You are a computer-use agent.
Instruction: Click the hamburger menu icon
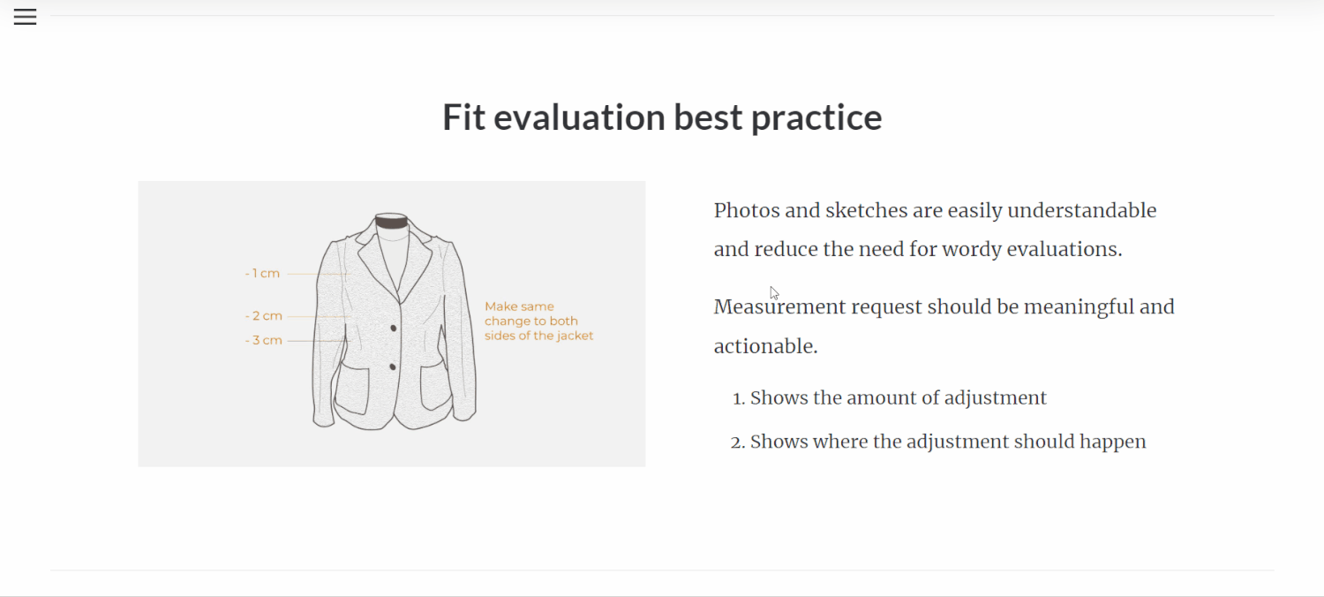tap(25, 17)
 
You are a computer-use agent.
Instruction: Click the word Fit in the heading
tap(463, 117)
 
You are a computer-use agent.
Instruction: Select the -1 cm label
tap(262, 274)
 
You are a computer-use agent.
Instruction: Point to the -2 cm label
tap(264, 316)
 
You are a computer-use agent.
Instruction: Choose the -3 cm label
tap(264, 340)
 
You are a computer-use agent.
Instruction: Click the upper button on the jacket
tap(393, 328)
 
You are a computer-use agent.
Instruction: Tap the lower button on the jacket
tap(393, 367)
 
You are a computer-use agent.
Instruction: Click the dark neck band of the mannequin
tap(391, 223)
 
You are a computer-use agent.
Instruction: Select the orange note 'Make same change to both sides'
tap(538, 321)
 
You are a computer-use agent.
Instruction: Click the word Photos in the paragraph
tap(747, 211)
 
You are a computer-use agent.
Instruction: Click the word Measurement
tap(779, 307)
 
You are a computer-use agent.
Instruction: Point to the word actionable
tap(765, 346)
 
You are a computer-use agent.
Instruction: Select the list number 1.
tap(738, 398)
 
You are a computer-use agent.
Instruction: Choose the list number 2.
tap(737, 442)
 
